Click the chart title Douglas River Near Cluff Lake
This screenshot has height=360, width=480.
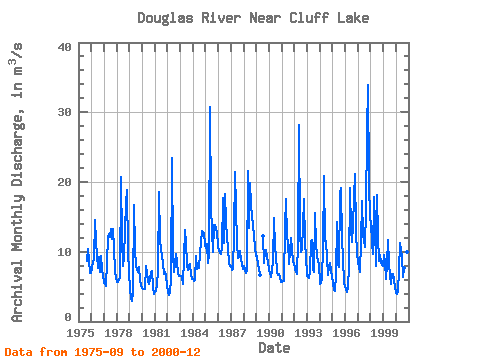pyautogui.click(x=253, y=18)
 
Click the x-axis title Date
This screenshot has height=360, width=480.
pyautogui.click(x=274, y=348)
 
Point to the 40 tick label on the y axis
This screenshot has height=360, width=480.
pyautogui.click(x=65, y=47)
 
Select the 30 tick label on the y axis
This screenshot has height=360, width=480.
pyautogui.click(x=65, y=112)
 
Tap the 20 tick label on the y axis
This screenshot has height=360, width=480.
pyautogui.click(x=65, y=182)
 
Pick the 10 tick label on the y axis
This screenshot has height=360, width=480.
pyautogui.click(x=65, y=252)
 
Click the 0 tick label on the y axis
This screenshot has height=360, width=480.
pyautogui.click(x=68, y=317)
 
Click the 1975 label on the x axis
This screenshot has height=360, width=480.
pyautogui.click(x=80, y=333)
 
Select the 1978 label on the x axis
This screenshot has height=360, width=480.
pyautogui.click(x=118, y=333)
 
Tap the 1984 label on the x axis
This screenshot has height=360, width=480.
pyautogui.click(x=194, y=333)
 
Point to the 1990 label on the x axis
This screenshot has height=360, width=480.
pyautogui.click(x=270, y=333)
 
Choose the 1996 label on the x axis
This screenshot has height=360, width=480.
pyautogui.click(x=346, y=333)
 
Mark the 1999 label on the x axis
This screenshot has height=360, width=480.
pyautogui.click(x=384, y=333)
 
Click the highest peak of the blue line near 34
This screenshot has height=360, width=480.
pyautogui.click(x=368, y=85)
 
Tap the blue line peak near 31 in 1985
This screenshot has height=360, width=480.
pyautogui.click(x=210, y=107)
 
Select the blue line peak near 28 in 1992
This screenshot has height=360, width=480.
pyautogui.click(x=299, y=125)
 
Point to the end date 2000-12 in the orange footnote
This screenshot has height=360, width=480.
pyautogui.click(x=176, y=352)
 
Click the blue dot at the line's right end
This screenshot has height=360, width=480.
pyautogui.click(x=407, y=252)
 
